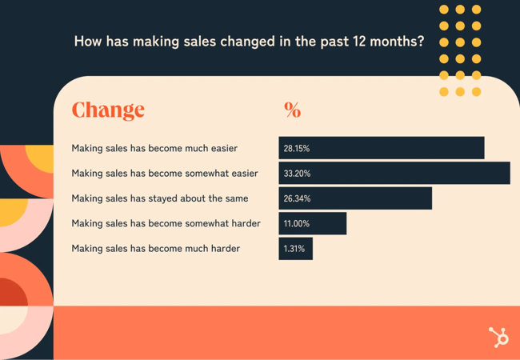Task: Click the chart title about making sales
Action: [249, 41]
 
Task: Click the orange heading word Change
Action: [108, 110]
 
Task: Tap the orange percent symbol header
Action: [292, 110]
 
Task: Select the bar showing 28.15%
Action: [382, 148]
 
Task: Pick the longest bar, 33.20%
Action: [394, 173]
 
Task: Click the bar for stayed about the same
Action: [355, 198]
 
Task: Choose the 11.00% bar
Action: [313, 223]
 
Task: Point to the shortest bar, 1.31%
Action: [296, 249]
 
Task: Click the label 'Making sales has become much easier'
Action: [154, 148]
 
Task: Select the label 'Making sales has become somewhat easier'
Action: [165, 173]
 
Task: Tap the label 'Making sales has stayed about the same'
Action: [160, 198]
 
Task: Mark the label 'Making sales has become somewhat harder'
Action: [166, 223]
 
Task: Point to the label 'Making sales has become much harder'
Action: [155, 249]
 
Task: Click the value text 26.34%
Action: [297, 198]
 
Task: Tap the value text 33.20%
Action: [297, 173]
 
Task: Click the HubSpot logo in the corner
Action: [498, 337]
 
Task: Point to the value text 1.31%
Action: [294, 249]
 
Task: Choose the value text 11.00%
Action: [296, 223]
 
